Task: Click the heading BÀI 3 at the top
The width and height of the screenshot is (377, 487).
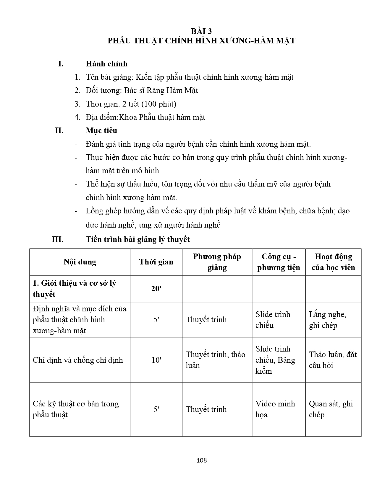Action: [x=201, y=31]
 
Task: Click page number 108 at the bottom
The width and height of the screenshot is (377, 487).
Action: [x=201, y=460]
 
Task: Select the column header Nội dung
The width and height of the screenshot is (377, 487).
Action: [x=80, y=262]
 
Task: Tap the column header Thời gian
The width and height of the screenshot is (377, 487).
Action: [x=156, y=262]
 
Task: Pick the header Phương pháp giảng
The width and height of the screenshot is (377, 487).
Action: [x=217, y=262]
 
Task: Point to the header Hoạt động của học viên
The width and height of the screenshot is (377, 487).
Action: [x=333, y=262]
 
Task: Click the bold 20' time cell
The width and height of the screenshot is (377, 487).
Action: [x=156, y=289]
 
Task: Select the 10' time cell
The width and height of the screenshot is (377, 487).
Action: [x=156, y=360]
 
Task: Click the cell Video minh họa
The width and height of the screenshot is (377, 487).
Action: [x=275, y=409]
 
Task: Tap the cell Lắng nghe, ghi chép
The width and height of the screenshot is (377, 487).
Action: [x=328, y=320]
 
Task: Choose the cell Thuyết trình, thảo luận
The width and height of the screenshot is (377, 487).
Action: [x=216, y=360]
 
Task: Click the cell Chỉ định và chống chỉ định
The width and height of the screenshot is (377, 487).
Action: [x=78, y=360]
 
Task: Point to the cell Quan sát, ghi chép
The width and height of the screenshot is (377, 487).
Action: [x=331, y=409]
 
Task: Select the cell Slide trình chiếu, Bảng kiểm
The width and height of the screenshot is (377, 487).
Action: [x=275, y=360]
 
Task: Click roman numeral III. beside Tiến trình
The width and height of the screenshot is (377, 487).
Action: [x=58, y=239]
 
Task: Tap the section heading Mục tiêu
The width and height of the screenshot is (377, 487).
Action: [x=101, y=130]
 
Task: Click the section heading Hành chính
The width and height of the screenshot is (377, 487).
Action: [x=106, y=64]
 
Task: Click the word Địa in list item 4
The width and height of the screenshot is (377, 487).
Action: [x=92, y=117]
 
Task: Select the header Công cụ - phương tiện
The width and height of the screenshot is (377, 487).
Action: [x=279, y=262]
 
